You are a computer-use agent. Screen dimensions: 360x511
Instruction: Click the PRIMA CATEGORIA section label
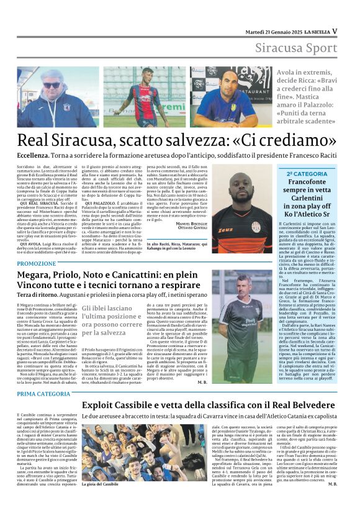[44, 394]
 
